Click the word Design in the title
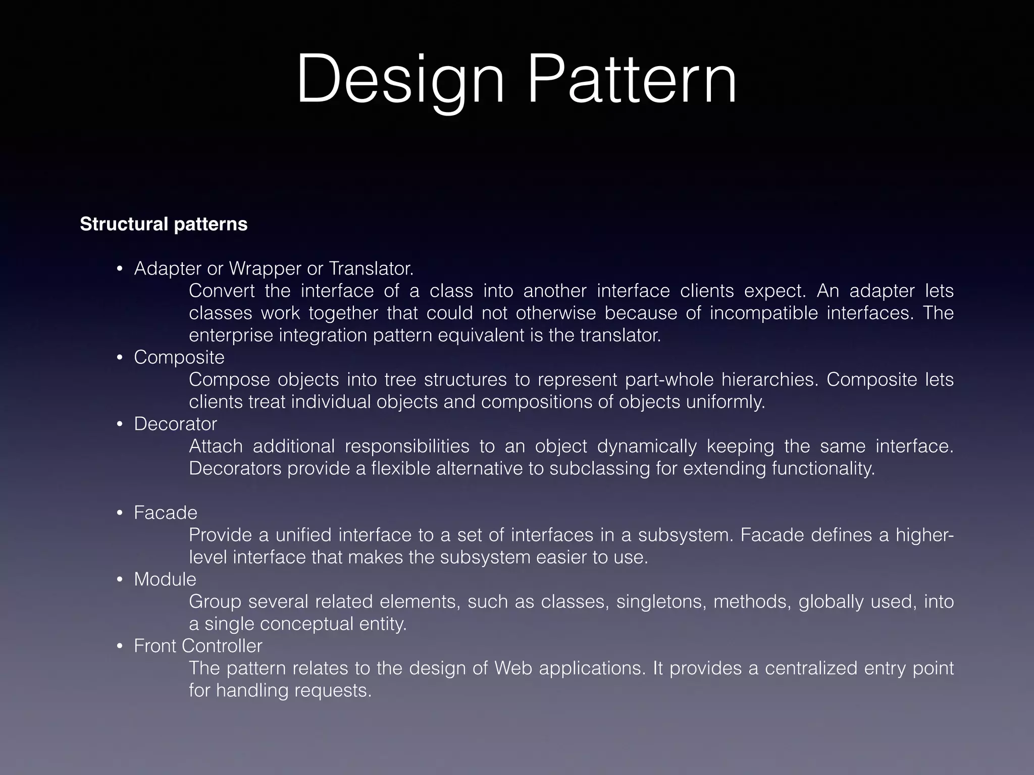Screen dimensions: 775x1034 400,81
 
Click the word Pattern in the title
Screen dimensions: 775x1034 632,81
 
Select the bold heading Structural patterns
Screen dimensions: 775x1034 164,224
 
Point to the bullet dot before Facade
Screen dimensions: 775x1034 120,513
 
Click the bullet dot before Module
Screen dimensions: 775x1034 120,580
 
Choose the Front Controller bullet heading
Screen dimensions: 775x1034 198,646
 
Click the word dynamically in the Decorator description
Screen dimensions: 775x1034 647,446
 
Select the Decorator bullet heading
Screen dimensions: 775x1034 175,424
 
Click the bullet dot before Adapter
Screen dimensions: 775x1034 120,269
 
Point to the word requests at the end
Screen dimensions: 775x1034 333,690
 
